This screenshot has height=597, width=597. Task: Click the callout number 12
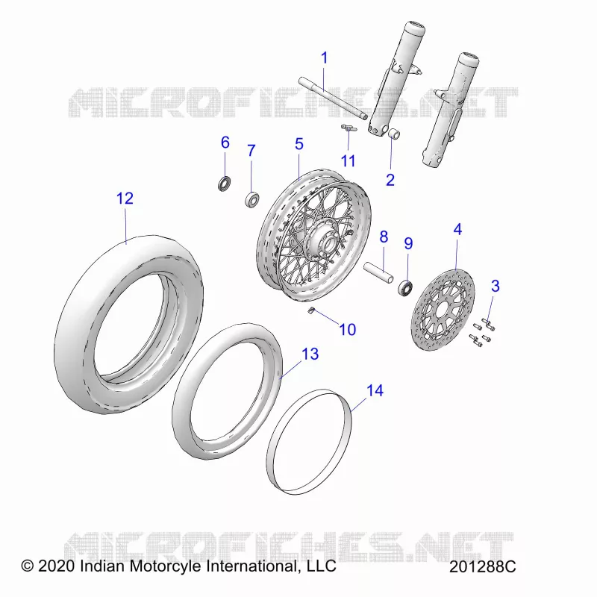(125, 199)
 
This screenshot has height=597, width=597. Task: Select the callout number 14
(375, 390)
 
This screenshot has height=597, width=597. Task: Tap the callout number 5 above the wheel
(299, 144)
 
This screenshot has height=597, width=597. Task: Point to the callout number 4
(457, 230)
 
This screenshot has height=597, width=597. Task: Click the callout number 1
(324, 58)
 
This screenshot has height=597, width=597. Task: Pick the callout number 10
(348, 329)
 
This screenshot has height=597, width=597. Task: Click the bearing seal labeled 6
(225, 184)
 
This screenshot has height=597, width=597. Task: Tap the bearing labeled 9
(406, 287)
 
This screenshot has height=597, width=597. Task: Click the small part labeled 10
(310, 311)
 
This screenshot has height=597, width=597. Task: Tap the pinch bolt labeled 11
(348, 128)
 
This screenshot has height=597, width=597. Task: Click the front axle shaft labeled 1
(333, 99)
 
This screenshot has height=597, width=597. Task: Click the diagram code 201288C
(482, 566)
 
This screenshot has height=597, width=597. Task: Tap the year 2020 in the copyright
(57, 566)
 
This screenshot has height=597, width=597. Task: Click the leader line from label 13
(291, 369)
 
